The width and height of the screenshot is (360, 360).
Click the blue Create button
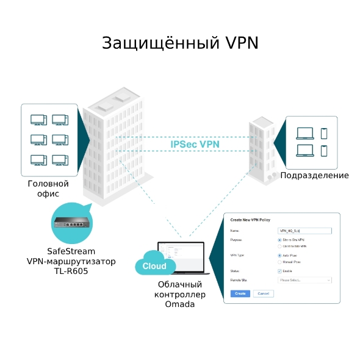[x=240, y=293]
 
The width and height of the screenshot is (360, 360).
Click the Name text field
[x=304, y=231]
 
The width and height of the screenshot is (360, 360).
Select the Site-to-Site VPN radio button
[x=279, y=240]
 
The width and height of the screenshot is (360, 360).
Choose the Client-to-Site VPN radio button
[x=279, y=246]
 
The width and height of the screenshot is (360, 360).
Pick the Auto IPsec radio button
[x=279, y=256]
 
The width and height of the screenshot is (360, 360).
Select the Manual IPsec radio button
[x=279, y=262]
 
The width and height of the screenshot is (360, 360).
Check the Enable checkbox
[x=279, y=270]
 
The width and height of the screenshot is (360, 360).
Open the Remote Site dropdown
[x=304, y=280]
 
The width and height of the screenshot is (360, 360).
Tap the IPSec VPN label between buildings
[x=195, y=144]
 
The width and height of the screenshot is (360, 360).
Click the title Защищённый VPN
[x=180, y=43]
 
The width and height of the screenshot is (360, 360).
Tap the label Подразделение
[x=314, y=176]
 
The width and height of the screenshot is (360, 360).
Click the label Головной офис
[x=48, y=189]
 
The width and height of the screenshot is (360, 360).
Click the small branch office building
[x=262, y=149]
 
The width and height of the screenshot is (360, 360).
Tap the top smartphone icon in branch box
[x=324, y=132]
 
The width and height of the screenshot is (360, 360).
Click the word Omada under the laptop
[x=180, y=304]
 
